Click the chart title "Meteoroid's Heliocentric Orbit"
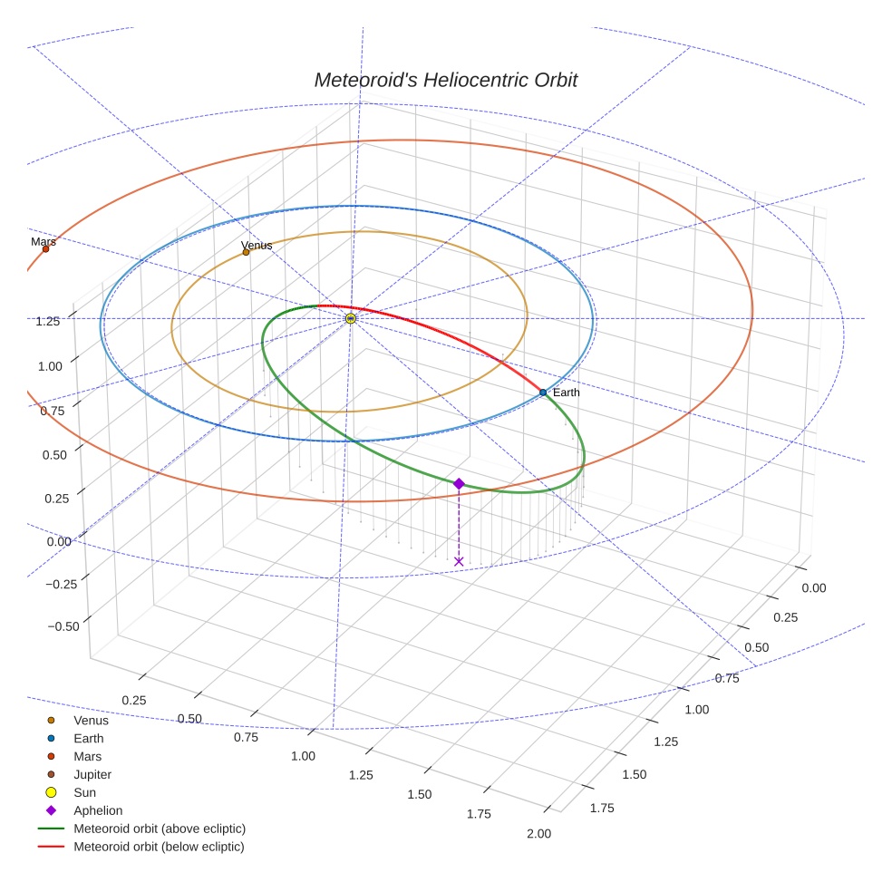tap(445, 80)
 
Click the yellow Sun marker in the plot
tap(351, 318)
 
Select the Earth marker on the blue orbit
tap(543, 393)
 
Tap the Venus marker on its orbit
tap(246, 252)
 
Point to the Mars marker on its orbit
tap(45, 248)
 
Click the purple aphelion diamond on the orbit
tap(459, 484)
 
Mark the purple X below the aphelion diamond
tap(459, 562)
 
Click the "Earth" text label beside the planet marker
tap(566, 393)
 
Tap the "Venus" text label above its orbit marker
tap(257, 245)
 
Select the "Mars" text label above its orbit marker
tap(44, 241)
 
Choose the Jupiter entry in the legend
tap(92, 774)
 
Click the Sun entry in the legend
tap(84, 792)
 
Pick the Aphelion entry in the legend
tap(98, 810)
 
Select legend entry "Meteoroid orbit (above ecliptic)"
tap(160, 829)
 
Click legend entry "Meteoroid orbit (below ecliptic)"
tap(159, 847)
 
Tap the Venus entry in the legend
tap(91, 721)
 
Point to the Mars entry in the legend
tap(87, 756)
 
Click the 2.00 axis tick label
tap(538, 834)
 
